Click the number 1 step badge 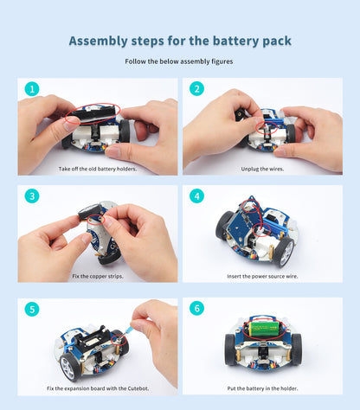click(x=31, y=89)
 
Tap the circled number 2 click(x=196, y=89)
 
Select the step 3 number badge click(x=31, y=196)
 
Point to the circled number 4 click(x=196, y=196)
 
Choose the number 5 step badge click(x=31, y=309)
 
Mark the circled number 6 click(x=196, y=309)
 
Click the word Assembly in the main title click(x=98, y=41)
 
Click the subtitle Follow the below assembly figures click(x=180, y=61)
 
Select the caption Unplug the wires click(x=262, y=169)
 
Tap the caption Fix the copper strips click(x=97, y=276)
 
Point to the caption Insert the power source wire click(x=262, y=276)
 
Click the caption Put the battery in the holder click(x=262, y=388)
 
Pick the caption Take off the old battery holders click(x=97, y=169)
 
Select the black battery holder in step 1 click(x=96, y=112)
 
